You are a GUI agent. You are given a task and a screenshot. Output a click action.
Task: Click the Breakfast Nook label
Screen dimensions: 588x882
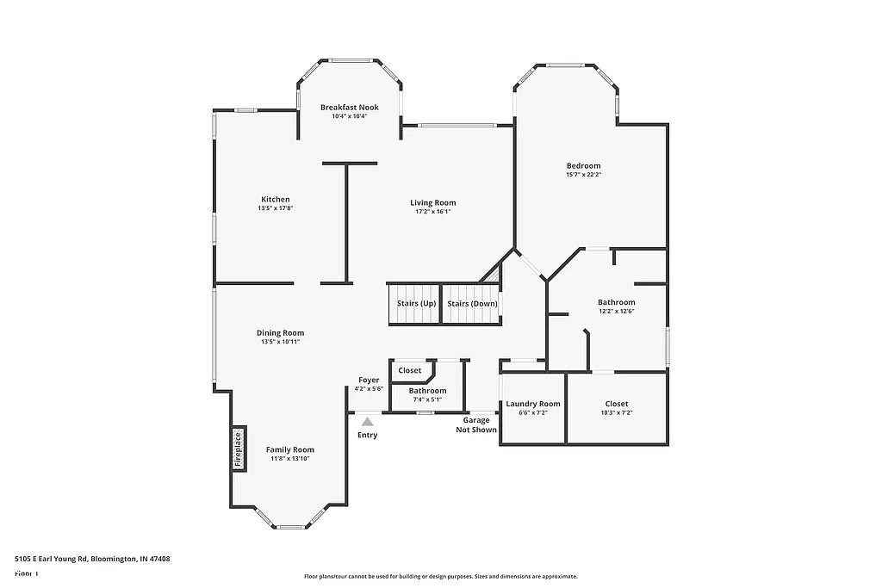tap(349, 108)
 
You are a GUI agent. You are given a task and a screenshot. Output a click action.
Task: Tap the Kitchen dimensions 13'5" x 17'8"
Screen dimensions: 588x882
tap(276, 208)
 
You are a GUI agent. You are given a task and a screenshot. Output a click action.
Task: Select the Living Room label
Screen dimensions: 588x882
tap(432, 202)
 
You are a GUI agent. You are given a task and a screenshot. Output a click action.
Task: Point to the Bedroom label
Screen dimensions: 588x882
tap(583, 165)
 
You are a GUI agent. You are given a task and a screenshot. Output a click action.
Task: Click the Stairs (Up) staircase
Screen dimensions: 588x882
tap(415, 303)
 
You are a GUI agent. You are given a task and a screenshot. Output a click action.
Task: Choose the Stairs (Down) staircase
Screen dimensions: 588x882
tap(471, 303)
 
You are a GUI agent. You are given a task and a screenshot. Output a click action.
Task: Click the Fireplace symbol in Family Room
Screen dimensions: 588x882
tap(239, 448)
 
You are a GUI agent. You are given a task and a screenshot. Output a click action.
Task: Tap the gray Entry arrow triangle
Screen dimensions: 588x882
tap(368, 422)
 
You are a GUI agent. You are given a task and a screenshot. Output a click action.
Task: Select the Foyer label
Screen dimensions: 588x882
tap(369, 380)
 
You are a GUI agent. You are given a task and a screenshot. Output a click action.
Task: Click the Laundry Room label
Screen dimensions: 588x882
tap(532, 404)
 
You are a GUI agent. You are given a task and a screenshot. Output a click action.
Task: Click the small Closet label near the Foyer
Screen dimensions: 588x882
tap(410, 370)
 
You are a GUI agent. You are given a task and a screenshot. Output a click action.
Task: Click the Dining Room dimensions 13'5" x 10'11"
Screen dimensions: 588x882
tap(280, 342)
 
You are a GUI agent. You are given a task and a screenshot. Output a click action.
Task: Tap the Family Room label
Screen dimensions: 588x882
tap(289, 449)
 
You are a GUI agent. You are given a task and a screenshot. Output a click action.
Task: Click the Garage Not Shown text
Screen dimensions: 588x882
tap(476, 424)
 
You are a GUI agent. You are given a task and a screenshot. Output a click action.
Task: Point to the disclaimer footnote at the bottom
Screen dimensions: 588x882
tap(440, 577)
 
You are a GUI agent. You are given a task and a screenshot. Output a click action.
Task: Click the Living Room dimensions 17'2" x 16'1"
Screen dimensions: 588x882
tap(432, 212)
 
